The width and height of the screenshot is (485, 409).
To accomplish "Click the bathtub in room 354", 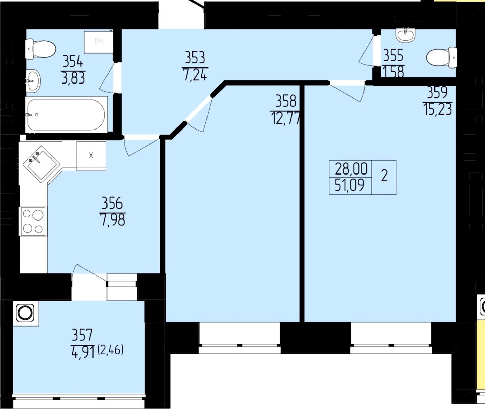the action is tap(66, 115).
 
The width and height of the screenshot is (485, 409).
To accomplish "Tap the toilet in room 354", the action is tap(40, 49).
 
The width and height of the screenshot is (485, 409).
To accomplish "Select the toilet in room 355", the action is tap(442, 57).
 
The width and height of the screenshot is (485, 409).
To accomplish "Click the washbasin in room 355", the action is tap(405, 36).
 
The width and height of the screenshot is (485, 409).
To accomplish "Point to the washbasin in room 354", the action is tap(33, 81).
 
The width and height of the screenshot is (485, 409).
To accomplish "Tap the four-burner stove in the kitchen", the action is tap(34, 221).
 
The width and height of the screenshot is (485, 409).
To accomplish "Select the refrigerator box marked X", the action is tap(91, 156).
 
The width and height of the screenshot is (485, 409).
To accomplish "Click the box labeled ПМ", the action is tap(99, 42).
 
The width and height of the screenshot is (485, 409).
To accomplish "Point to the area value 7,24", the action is tap(195, 75).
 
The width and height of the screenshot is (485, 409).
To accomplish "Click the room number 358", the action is tap(286, 101).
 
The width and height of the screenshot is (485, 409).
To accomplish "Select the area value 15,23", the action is tap(438, 109).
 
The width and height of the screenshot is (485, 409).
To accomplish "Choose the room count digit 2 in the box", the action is tap(384, 176).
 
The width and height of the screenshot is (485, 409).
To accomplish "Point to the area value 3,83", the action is tap(73, 78).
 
